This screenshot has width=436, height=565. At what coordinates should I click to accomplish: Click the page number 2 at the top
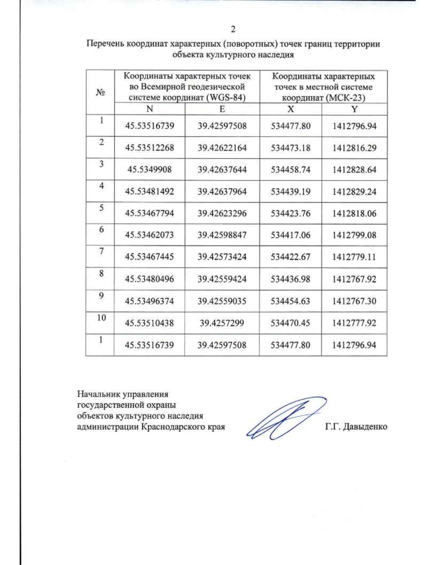click(233, 29)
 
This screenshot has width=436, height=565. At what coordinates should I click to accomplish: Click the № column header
click(100, 92)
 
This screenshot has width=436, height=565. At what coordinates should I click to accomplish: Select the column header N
click(149, 109)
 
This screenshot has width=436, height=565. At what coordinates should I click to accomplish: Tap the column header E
click(222, 109)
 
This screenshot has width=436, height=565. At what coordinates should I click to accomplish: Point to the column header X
click(291, 109)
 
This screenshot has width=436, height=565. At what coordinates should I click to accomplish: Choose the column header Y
click(354, 109)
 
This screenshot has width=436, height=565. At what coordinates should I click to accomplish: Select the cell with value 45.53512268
click(149, 148)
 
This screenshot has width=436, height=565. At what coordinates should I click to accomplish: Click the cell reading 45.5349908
click(149, 170)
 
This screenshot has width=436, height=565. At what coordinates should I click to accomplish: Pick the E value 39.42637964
click(222, 191)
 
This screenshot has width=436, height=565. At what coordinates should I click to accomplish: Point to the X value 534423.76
click(290, 213)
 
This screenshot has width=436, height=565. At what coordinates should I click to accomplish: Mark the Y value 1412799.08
click(354, 235)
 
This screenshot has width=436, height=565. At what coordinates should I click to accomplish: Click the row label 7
click(101, 251)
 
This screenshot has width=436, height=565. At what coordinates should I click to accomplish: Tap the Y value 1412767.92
click(354, 279)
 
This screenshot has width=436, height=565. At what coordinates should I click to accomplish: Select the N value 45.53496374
click(149, 301)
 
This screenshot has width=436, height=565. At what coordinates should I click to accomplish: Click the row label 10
click(101, 318)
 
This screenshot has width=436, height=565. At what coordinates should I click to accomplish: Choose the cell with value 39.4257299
click(222, 323)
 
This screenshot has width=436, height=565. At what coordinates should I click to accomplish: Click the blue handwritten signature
click(283, 418)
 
